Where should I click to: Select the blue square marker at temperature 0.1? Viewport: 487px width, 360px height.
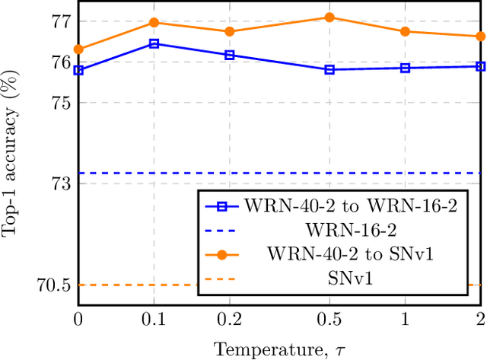coord(154,44)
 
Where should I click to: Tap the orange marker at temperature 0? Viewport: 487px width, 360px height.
coord(78,49)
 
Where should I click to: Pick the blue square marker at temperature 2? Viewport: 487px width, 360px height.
coord(480,66)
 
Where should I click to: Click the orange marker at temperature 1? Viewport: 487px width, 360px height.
coord(405,31)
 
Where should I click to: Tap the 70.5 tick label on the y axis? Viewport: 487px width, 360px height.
coord(53,285)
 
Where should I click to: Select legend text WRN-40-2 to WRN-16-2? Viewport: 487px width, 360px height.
coord(351,206)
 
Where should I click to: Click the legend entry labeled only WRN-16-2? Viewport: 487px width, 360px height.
coord(350,230)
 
